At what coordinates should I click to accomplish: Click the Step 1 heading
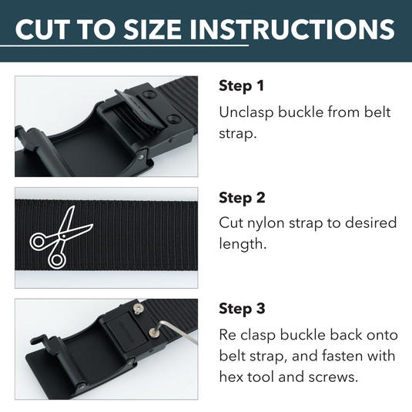tap(242, 85)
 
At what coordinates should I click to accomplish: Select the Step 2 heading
tap(242, 198)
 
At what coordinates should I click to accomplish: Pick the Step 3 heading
tap(242, 310)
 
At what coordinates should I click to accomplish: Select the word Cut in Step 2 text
tap(232, 223)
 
